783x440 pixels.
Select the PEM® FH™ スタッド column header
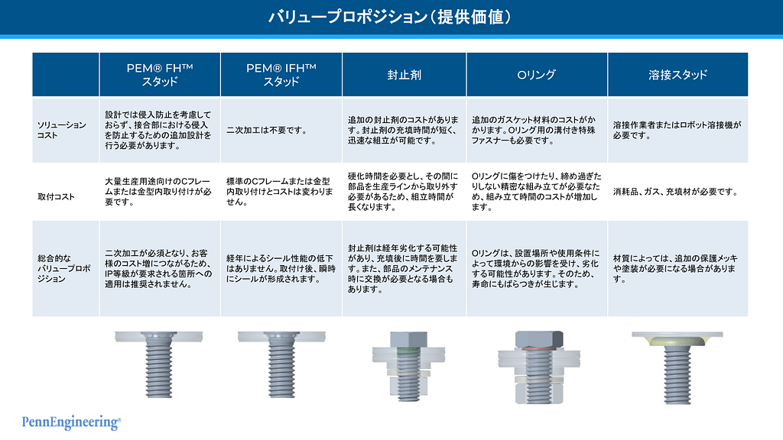click(x=160, y=75)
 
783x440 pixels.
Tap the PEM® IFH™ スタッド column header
click(x=281, y=75)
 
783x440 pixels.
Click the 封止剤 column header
click(x=404, y=75)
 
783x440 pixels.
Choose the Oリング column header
click(x=536, y=75)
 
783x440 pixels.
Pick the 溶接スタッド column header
click(x=677, y=75)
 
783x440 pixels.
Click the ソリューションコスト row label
click(x=61, y=130)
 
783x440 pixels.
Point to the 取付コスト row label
click(x=56, y=196)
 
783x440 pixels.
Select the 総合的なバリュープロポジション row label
click(x=64, y=268)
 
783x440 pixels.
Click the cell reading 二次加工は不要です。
click(x=266, y=130)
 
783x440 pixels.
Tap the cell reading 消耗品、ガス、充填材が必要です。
click(x=676, y=192)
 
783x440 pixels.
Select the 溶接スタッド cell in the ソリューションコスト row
click(x=677, y=130)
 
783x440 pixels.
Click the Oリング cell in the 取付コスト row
click(x=536, y=192)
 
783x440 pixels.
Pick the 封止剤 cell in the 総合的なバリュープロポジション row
click(x=402, y=268)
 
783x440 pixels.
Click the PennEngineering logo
click(x=71, y=422)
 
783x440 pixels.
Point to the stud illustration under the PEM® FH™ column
click(x=159, y=364)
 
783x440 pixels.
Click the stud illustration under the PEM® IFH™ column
click(x=281, y=364)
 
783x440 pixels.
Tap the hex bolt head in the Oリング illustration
click(x=539, y=339)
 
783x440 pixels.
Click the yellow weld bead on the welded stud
click(x=677, y=341)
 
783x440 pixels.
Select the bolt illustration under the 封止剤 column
click(x=408, y=367)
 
